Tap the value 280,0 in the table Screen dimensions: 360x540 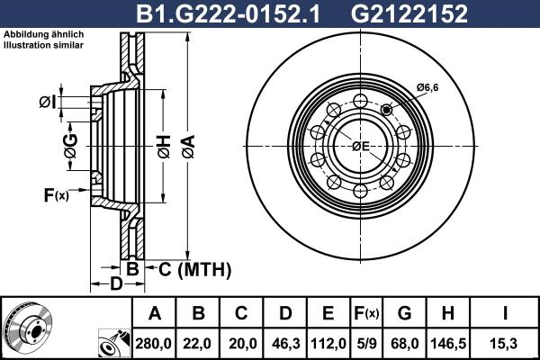pos(154,342)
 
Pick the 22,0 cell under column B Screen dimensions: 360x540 pos(198,342)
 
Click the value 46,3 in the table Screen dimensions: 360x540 pos(284,342)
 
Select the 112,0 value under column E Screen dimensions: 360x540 pos(328,342)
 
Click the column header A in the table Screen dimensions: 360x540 pos(154,313)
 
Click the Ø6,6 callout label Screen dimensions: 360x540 pos(427,86)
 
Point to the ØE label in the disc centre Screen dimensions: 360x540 pos(361,146)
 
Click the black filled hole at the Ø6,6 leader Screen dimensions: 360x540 pos(388,110)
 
